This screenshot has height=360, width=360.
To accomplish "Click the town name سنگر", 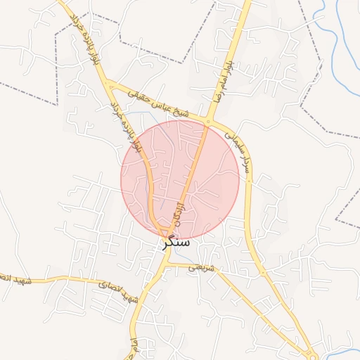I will [175, 241].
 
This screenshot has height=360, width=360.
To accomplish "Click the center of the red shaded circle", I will [180, 180].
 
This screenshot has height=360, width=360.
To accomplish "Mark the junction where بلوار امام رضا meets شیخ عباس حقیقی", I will [209, 121].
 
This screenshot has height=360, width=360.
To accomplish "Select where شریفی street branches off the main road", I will [169, 264].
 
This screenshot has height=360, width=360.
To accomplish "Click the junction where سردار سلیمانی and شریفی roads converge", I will [264, 274].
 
